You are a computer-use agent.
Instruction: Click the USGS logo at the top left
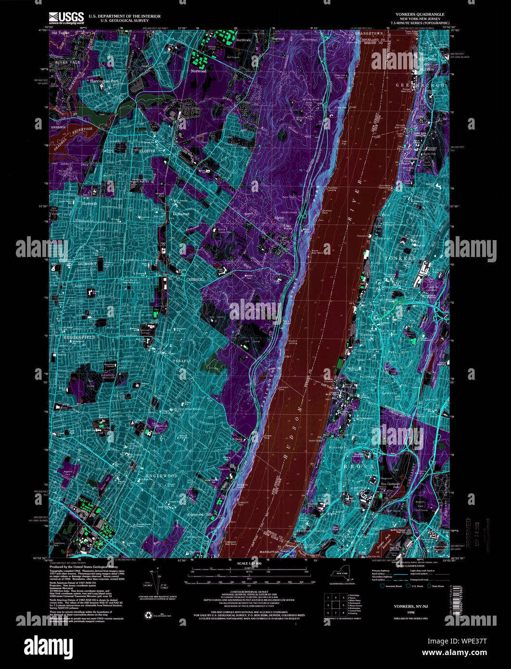(67, 18)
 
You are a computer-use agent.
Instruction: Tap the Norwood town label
(198, 71)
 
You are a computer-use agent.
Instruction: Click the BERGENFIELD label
(80, 338)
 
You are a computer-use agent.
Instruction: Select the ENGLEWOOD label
(162, 476)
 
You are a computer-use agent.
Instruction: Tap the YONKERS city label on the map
(400, 258)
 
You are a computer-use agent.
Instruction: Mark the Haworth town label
(89, 204)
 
